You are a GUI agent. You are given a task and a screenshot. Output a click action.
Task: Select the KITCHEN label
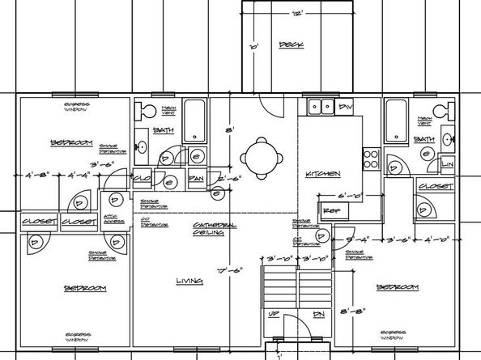tap(322, 175)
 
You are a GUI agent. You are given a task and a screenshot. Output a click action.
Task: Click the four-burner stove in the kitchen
tap(372, 159)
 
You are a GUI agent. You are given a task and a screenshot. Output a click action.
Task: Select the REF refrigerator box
tap(330, 210)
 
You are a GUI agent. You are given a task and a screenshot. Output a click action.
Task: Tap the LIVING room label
tap(189, 282)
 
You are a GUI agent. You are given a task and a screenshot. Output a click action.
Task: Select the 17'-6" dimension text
tap(232, 271)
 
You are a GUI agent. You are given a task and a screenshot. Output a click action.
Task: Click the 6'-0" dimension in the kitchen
tap(349, 195)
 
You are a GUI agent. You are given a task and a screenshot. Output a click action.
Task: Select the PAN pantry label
tap(195, 178)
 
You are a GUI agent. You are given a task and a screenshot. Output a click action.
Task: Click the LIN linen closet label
tap(449, 164)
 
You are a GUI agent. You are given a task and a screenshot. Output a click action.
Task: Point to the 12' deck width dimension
tap(298, 15)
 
